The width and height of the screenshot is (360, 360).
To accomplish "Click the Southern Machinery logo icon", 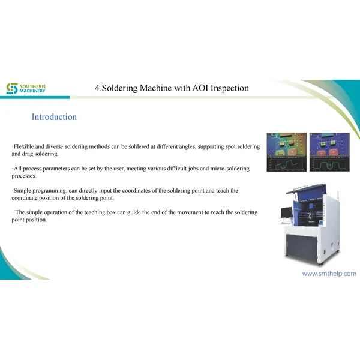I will [12, 89].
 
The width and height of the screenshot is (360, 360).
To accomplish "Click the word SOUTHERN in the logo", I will [32, 86].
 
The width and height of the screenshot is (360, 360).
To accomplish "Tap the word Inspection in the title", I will [227, 88].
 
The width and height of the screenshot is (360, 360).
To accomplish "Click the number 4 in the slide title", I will [97, 88].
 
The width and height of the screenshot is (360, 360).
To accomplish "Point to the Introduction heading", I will [54, 117].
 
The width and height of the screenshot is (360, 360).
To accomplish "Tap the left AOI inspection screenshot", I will [287, 152].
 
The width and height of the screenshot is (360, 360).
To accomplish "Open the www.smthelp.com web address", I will [329, 273].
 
